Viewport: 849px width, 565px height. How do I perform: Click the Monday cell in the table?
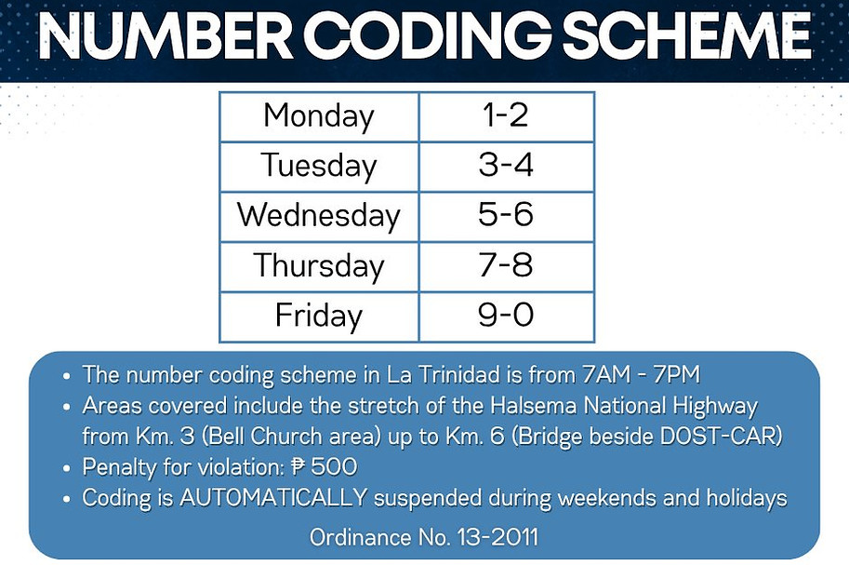[x=319, y=116]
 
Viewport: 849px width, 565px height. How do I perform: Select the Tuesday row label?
[x=319, y=167]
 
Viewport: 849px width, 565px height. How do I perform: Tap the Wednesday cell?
[x=319, y=216]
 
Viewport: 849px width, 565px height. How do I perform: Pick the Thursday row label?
[x=319, y=266]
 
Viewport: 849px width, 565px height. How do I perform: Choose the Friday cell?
[x=319, y=316]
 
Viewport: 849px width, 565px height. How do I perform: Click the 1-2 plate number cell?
[x=507, y=116]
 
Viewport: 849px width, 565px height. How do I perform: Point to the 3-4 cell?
[x=507, y=167]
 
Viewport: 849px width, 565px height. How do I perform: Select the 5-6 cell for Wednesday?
[x=507, y=216]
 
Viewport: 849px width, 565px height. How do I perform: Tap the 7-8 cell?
[x=507, y=266]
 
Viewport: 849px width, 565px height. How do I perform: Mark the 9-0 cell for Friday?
[x=507, y=316]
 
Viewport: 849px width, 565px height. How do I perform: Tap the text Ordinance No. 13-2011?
[x=423, y=538]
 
